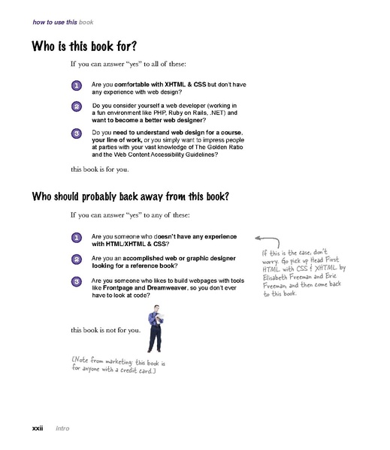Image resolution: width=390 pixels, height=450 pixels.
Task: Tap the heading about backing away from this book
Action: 130,197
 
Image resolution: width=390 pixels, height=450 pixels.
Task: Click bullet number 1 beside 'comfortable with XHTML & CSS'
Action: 77,87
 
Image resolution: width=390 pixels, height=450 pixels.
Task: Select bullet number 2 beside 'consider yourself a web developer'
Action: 77,107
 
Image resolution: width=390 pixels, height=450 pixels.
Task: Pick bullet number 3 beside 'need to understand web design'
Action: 77,133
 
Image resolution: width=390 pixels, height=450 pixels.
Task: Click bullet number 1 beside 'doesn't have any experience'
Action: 77,238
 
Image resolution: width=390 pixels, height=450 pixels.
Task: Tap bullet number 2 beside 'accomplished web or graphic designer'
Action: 77,259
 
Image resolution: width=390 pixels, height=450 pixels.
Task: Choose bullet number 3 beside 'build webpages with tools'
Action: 77,281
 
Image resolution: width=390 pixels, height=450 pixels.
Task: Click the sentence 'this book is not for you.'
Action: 105,330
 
